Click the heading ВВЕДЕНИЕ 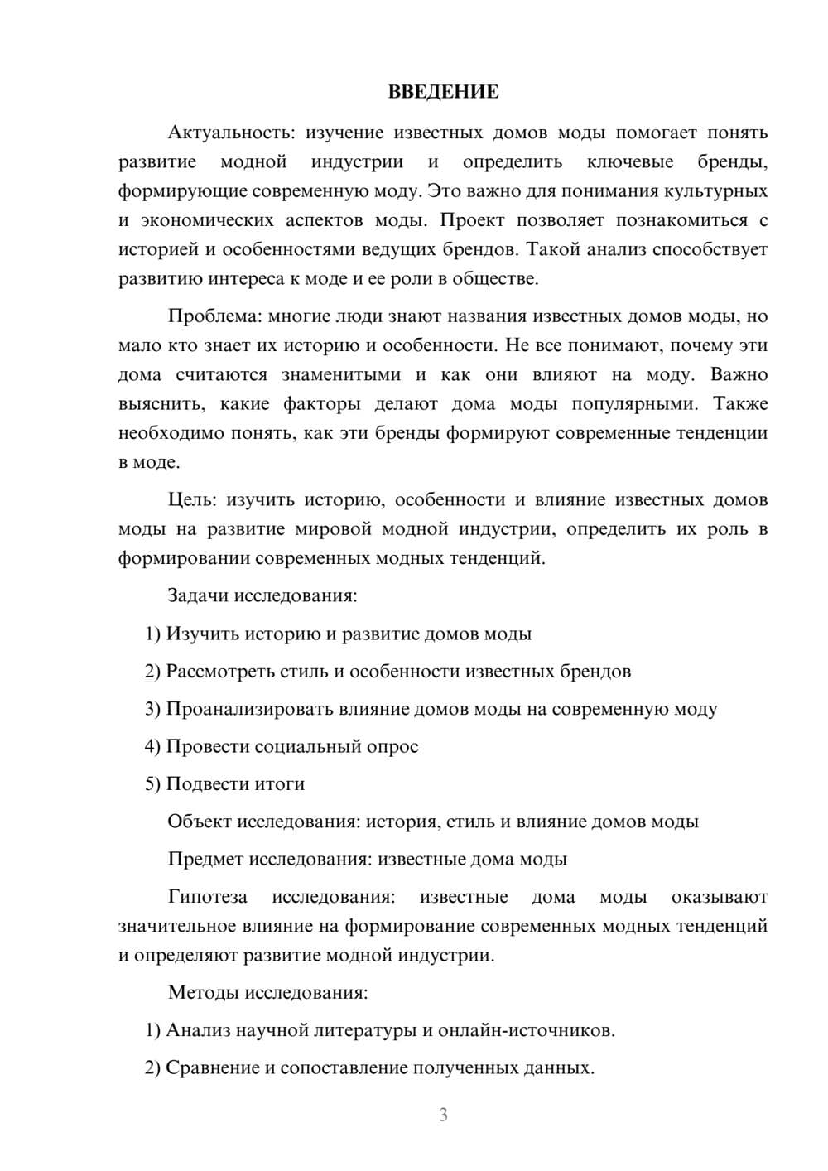pyautogui.click(x=443, y=92)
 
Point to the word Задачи pyautogui.click(x=199, y=596)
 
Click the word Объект pyautogui.click(x=200, y=822)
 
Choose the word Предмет pyautogui.click(x=205, y=859)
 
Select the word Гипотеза pyautogui.click(x=207, y=897)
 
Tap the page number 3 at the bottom pyautogui.click(x=443, y=1115)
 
